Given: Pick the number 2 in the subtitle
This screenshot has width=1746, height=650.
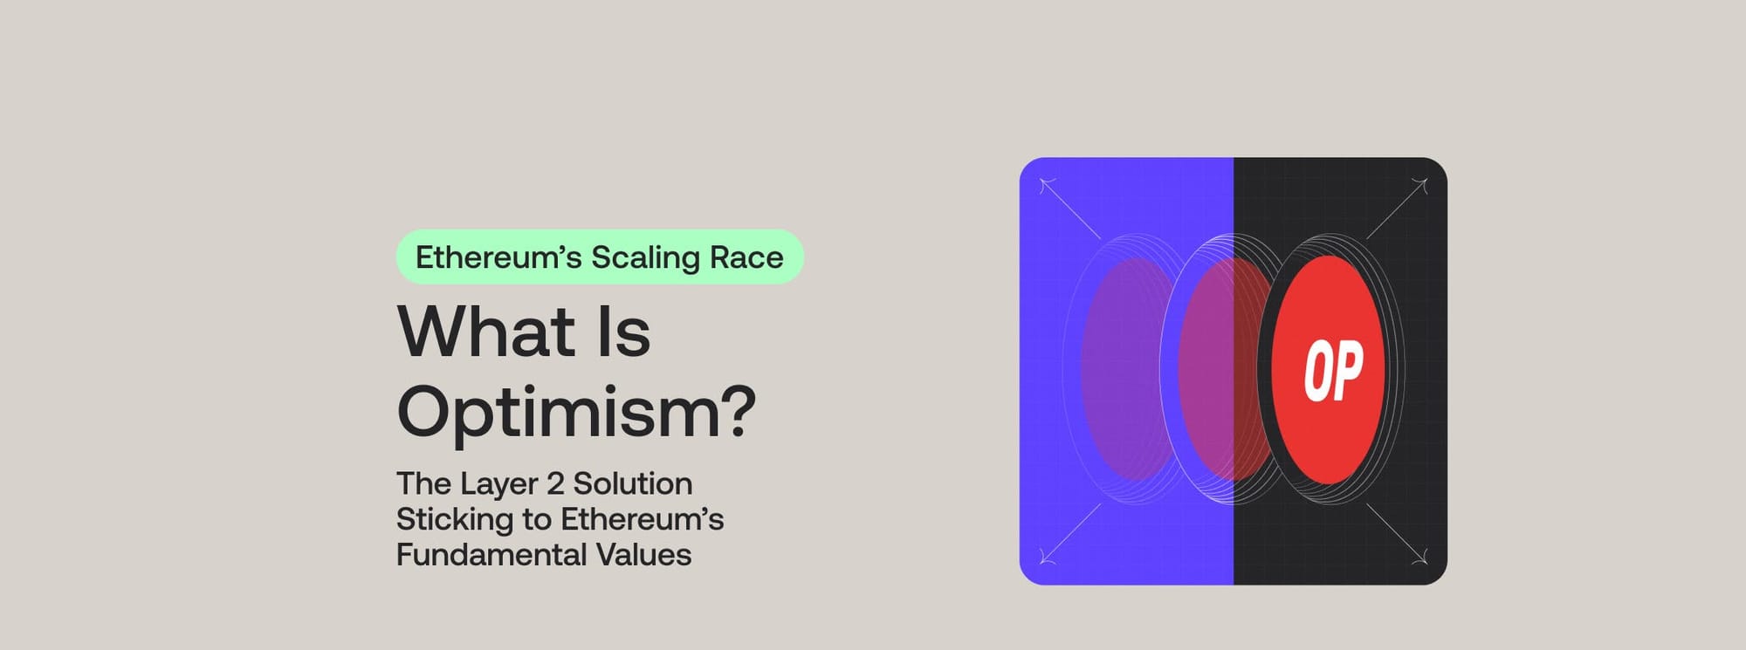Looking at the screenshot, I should point(555,483).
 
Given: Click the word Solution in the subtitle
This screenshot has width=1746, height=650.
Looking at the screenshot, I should point(633,483).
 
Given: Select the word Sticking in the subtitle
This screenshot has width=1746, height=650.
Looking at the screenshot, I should point(454,520).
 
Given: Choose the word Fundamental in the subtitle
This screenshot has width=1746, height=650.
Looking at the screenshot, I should point(491,555).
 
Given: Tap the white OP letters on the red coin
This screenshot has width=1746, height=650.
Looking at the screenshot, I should point(1333,371).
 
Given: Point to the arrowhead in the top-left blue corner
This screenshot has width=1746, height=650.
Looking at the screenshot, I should point(1047,185).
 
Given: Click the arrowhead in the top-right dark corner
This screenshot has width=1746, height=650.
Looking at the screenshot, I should point(1420,186).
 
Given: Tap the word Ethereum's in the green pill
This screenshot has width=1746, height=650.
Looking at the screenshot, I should point(498,257).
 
